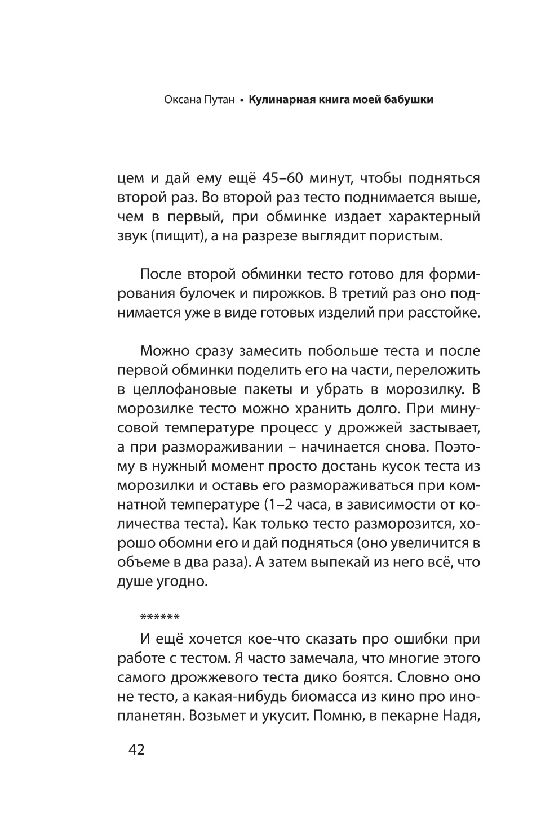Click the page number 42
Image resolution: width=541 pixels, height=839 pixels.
coord(137,751)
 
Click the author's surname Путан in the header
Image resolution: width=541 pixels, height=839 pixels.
coord(216,100)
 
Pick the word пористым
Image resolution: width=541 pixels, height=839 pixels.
coord(405,236)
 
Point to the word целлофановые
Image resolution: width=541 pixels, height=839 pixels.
coord(184,390)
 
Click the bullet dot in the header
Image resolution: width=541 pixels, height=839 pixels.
coord(241,101)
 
